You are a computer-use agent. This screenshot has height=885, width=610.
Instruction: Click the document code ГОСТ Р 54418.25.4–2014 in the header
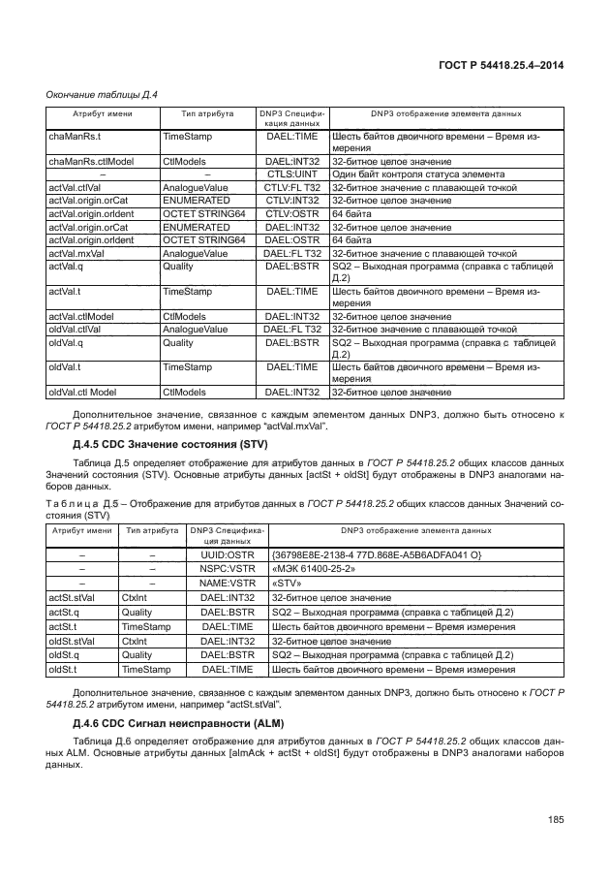pos(501,65)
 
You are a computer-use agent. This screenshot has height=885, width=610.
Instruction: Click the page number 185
pos(555,821)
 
